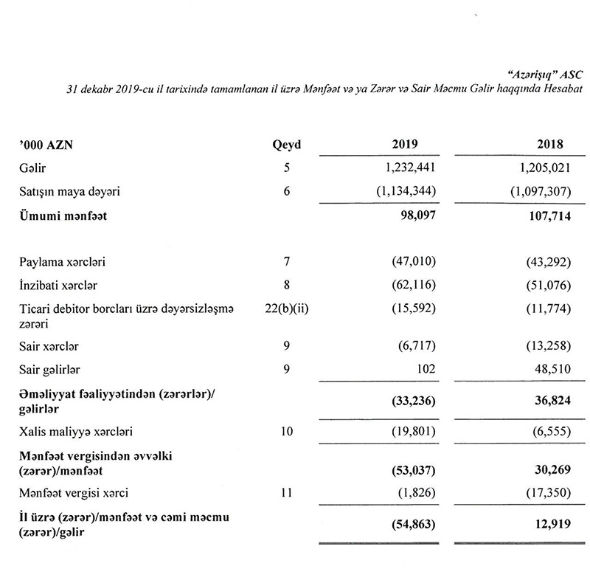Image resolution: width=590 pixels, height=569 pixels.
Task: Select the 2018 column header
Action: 549,145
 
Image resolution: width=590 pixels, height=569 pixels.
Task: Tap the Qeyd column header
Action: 287,145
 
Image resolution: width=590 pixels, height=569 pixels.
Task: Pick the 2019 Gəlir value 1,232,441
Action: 404,168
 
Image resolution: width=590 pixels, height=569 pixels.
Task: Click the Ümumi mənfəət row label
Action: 66,218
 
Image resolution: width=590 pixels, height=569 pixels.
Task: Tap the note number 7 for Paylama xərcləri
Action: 287,262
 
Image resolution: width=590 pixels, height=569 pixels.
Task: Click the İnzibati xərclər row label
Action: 59,286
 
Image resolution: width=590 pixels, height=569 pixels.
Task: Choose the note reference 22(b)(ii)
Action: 287,309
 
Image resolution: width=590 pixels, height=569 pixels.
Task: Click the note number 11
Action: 287,492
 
